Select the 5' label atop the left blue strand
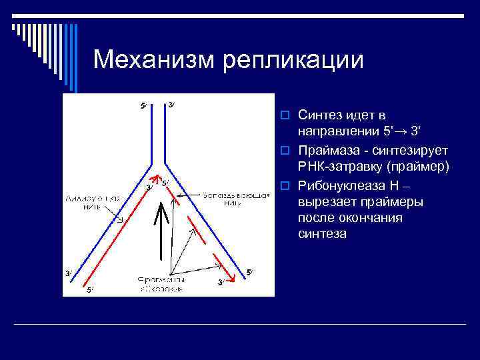[x=143, y=105]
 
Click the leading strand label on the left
[x=93, y=202]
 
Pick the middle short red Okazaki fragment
[x=199, y=235]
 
